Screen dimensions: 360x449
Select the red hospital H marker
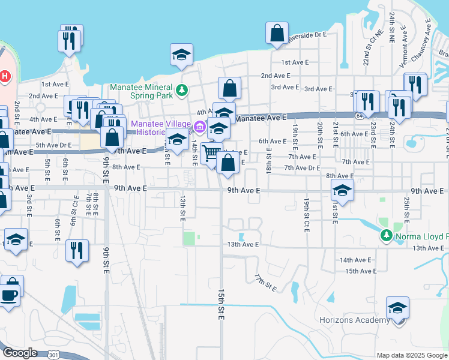[4, 76]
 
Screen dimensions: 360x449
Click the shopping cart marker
[211, 154]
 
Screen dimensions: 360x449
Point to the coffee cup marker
[9, 295]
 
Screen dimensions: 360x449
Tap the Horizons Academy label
[355, 320]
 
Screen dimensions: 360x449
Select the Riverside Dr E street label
[307, 35]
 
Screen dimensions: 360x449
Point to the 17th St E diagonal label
[264, 283]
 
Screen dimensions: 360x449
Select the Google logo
[19, 353]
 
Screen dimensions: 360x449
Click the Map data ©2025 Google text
[411, 355]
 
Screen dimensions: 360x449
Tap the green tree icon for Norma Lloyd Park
[386, 236]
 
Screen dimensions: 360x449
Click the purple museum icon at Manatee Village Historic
[199, 127]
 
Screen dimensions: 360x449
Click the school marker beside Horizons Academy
[397, 308]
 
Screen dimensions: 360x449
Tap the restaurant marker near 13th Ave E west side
[77, 250]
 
